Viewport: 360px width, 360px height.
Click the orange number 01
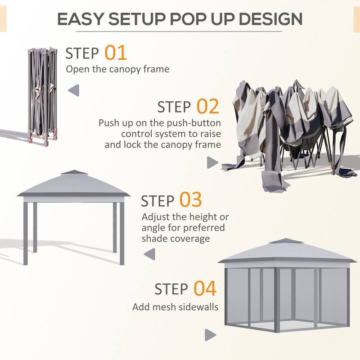click(x=116, y=53)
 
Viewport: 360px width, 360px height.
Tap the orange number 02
click(x=207, y=107)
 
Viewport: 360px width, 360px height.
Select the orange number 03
click(x=191, y=200)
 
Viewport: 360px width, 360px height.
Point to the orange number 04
click(x=205, y=288)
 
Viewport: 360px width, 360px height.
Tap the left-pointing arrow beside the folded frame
click(x=73, y=90)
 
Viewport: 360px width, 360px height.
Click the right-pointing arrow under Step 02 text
click(x=212, y=162)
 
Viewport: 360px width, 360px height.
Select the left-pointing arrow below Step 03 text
click(x=148, y=255)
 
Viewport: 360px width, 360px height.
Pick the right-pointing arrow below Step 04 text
click(x=210, y=335)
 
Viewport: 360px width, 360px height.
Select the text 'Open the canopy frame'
click(x=117, y=69)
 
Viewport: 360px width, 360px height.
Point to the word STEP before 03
click(x=158, y=201)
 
